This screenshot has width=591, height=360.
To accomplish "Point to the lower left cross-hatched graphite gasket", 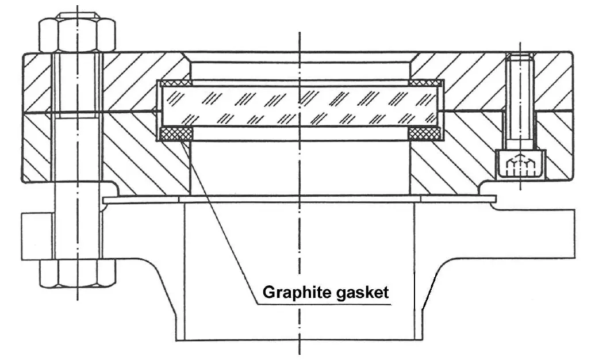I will click(x=175, y=134).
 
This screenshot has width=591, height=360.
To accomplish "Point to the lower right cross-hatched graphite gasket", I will click(x=425, y=134).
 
